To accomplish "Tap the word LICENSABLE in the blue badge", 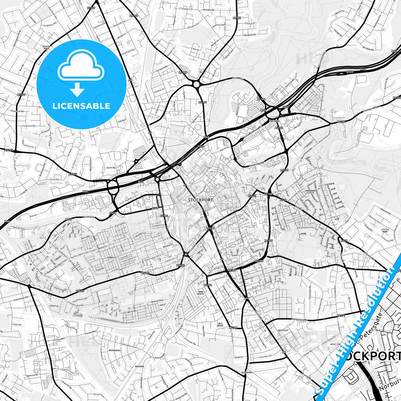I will [x=81, y=106].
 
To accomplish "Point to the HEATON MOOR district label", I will [x=46, y=48].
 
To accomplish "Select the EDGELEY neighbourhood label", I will [x=112, y=258].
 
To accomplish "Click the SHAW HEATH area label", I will [x=201, y=293].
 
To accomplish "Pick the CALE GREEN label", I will [x=220, y=324].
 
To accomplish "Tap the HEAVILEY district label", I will [x=283, y=331].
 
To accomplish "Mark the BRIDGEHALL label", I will [x=115, y=350].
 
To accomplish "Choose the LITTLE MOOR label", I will [x=385, y=231].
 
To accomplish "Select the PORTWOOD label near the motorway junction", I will [x=274, y=121].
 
